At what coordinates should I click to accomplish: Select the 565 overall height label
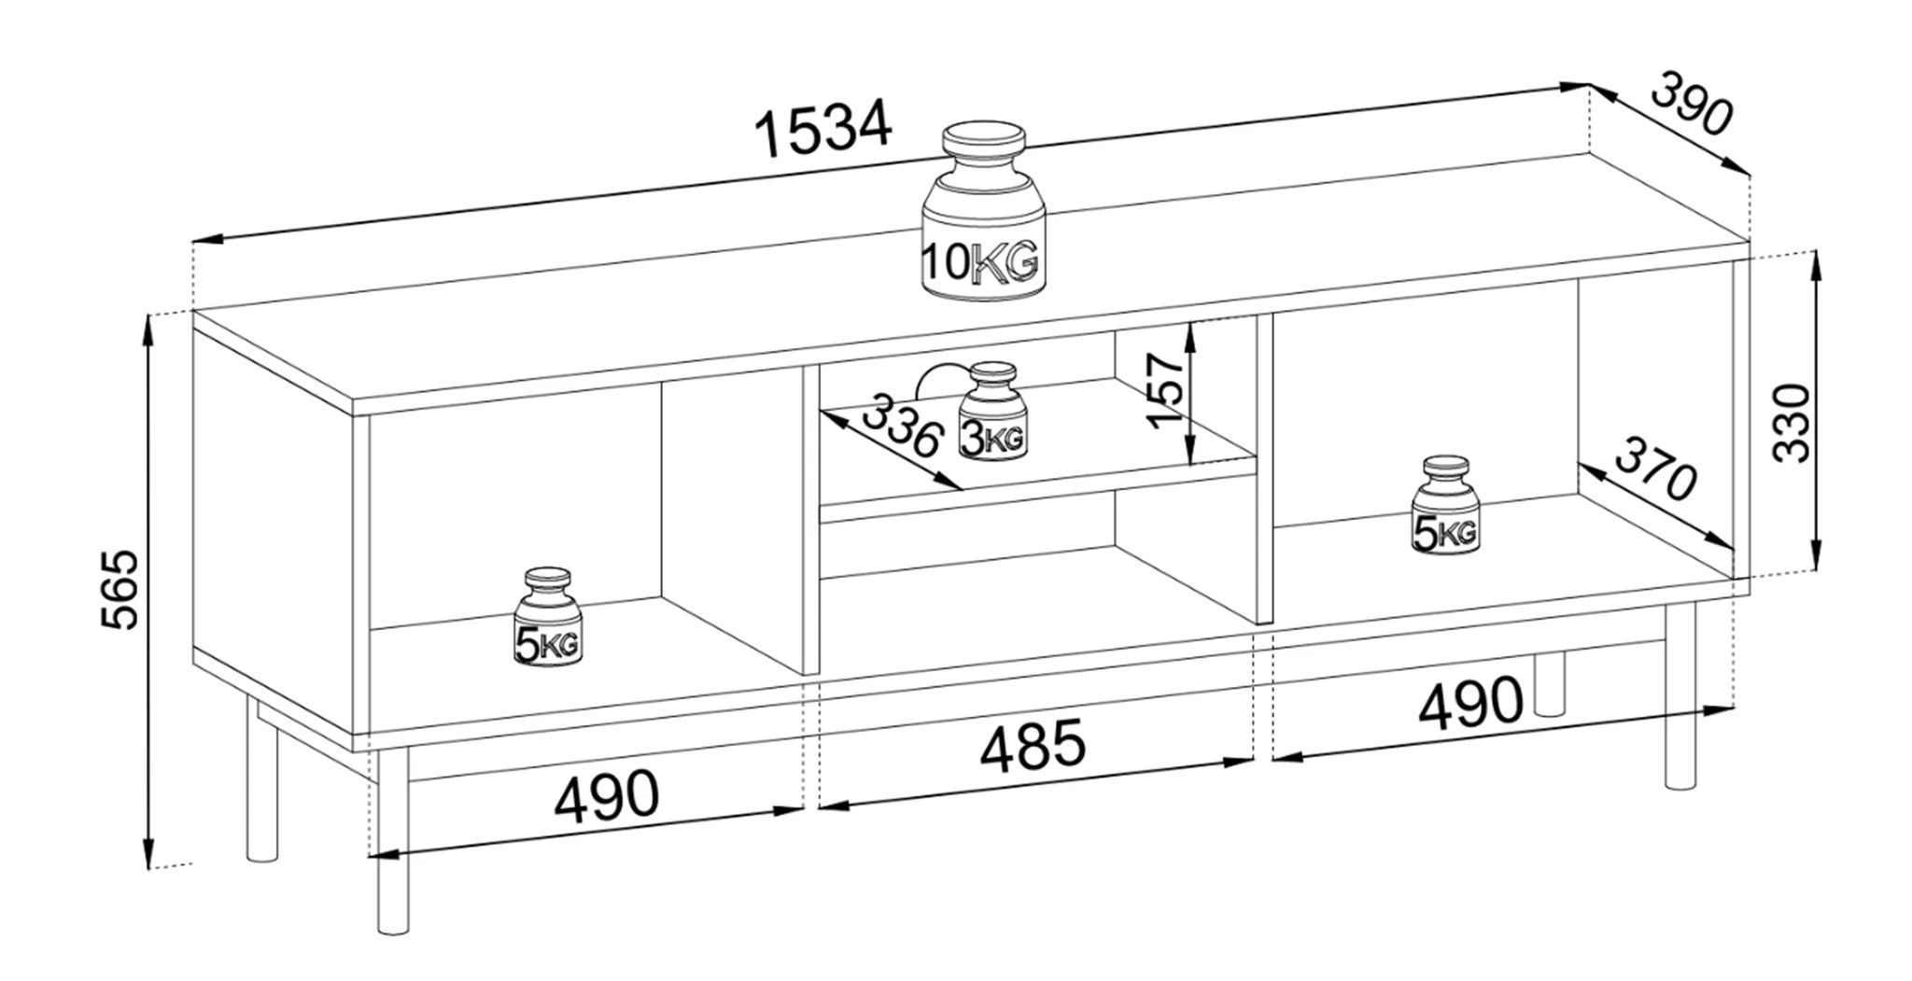[x=120, y=590]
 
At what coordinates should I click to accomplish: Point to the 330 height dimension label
[x=1792, y=422]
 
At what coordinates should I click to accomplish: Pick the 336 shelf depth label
[x=900, y=425]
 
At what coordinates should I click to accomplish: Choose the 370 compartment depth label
[x=1653, y=468]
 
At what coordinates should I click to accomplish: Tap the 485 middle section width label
[x=1033, y=745]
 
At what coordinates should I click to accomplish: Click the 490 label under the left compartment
[x=607, y=796]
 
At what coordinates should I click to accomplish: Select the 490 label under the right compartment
[x=1470, y=702]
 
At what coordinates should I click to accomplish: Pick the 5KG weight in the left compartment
[x=547, y=618]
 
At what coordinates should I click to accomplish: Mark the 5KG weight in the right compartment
[x=1446, y=507]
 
